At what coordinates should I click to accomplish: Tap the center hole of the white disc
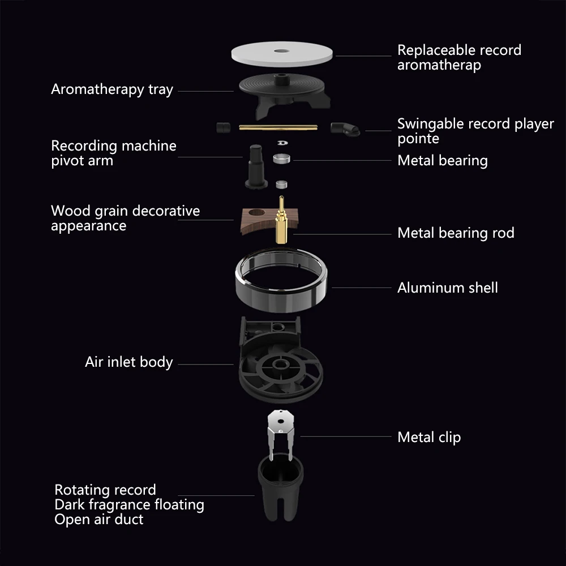tap(281, 51)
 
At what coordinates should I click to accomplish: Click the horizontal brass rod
tap(278, 127)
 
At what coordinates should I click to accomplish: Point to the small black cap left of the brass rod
tap(223, 127)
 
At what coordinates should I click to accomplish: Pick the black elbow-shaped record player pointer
tap(345, 129)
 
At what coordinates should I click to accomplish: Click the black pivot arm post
tap(256, 166)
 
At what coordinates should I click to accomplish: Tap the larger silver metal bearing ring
tap(281, 158)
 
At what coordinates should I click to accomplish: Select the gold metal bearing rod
tap(281, 220)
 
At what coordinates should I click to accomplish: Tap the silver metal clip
tap(281, 431)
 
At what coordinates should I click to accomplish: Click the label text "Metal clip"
tap(429, 437)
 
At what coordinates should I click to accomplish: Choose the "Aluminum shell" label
tap(447, 288)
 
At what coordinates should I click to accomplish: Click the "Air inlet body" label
tap(129, 362)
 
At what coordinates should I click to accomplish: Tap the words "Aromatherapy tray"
tap(112, 89)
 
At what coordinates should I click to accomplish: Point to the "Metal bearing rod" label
tap(456, 233)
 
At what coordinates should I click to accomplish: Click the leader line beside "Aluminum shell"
tap(361, 288)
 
